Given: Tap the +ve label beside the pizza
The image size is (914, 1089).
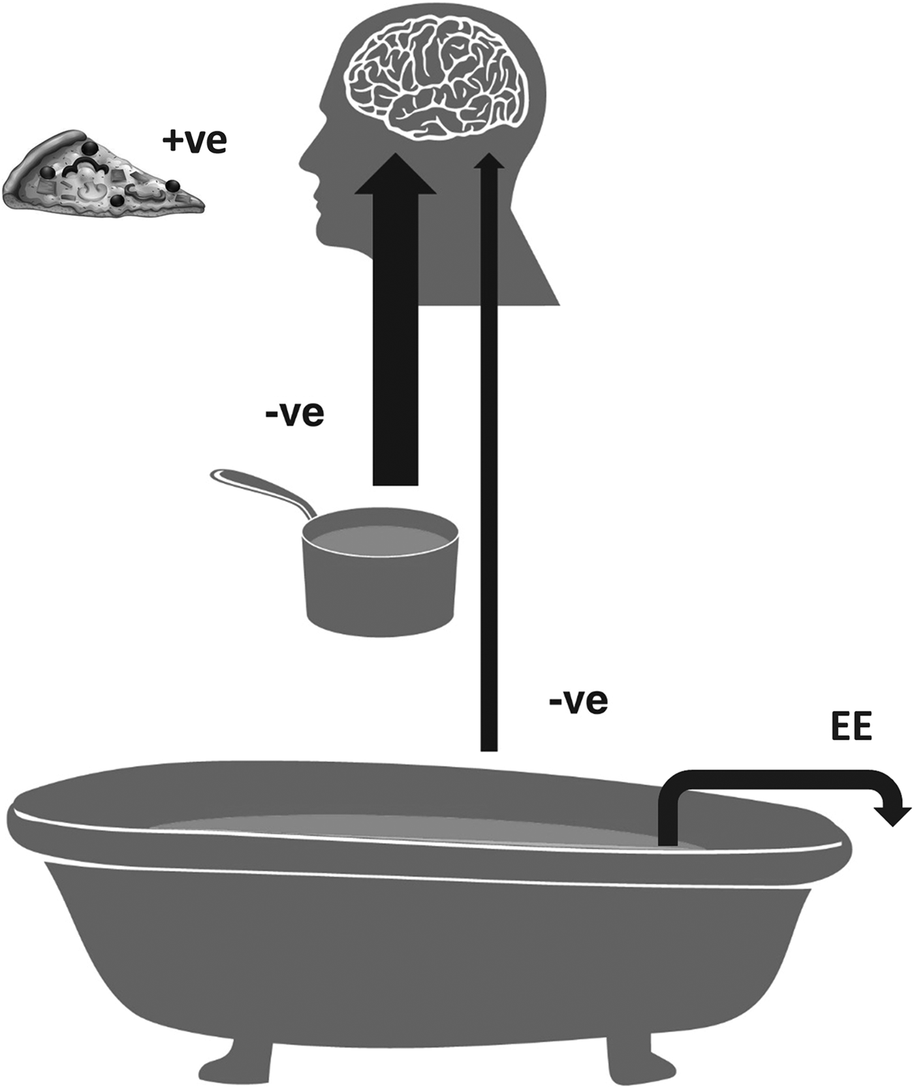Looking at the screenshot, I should pos(195,140).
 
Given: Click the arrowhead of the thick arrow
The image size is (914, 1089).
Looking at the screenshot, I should pos(395,173).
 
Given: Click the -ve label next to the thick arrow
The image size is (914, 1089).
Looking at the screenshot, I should pos(294,413).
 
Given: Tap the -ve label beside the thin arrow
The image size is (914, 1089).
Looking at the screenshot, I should pos(578,701).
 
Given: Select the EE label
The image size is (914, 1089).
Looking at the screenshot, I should pos(851,726).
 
